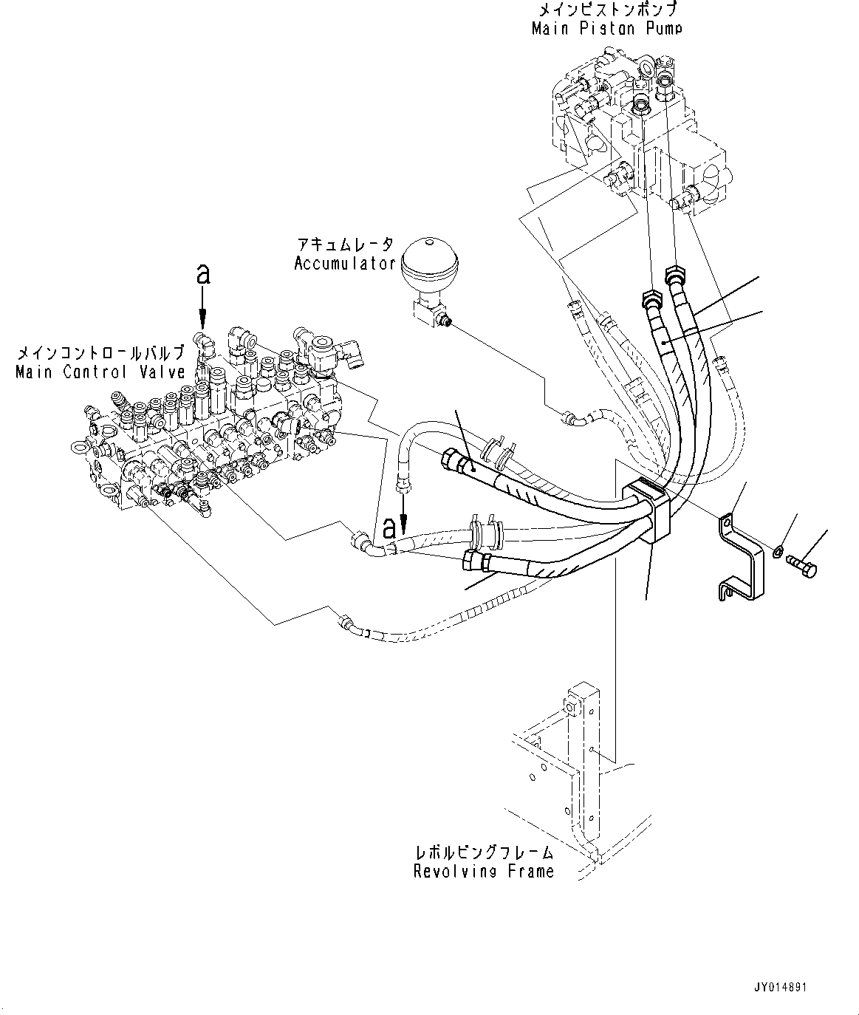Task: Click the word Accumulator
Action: coord(345,264)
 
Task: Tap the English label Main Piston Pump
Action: coord(606,29)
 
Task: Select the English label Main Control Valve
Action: coord(100,372)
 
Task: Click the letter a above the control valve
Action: coord(202,274)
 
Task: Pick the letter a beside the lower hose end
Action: coord(389,529)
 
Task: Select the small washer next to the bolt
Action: coord(778,552)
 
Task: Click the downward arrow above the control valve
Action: coord(202,309)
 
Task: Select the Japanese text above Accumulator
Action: coord(345,245)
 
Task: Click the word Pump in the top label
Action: coord(664,29)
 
